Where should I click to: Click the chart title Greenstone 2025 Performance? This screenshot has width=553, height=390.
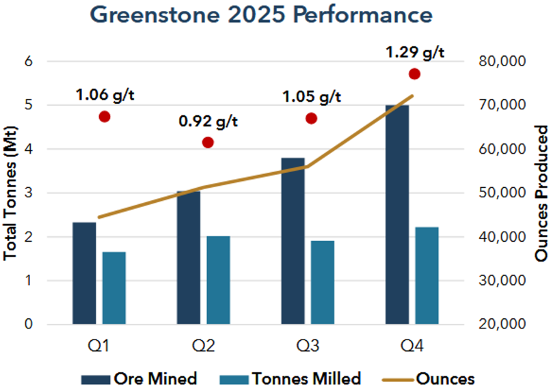point(277,15)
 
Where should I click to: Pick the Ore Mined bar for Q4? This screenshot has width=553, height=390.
point(396,214)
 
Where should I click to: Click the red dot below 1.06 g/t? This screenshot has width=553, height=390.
point(105,117)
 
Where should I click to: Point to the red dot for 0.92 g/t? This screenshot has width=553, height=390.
point(208,143)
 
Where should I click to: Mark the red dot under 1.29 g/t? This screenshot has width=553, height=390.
point(414,74)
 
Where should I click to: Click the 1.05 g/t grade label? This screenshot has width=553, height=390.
point(312,96)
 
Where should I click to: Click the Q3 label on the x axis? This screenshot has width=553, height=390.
point(310,346)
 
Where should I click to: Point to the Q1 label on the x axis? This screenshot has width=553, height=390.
point(103,346)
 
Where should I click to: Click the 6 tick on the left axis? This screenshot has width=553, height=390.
point(29,61)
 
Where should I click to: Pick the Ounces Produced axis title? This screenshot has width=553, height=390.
point(541,193)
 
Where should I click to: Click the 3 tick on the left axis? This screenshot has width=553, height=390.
point(29,193)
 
